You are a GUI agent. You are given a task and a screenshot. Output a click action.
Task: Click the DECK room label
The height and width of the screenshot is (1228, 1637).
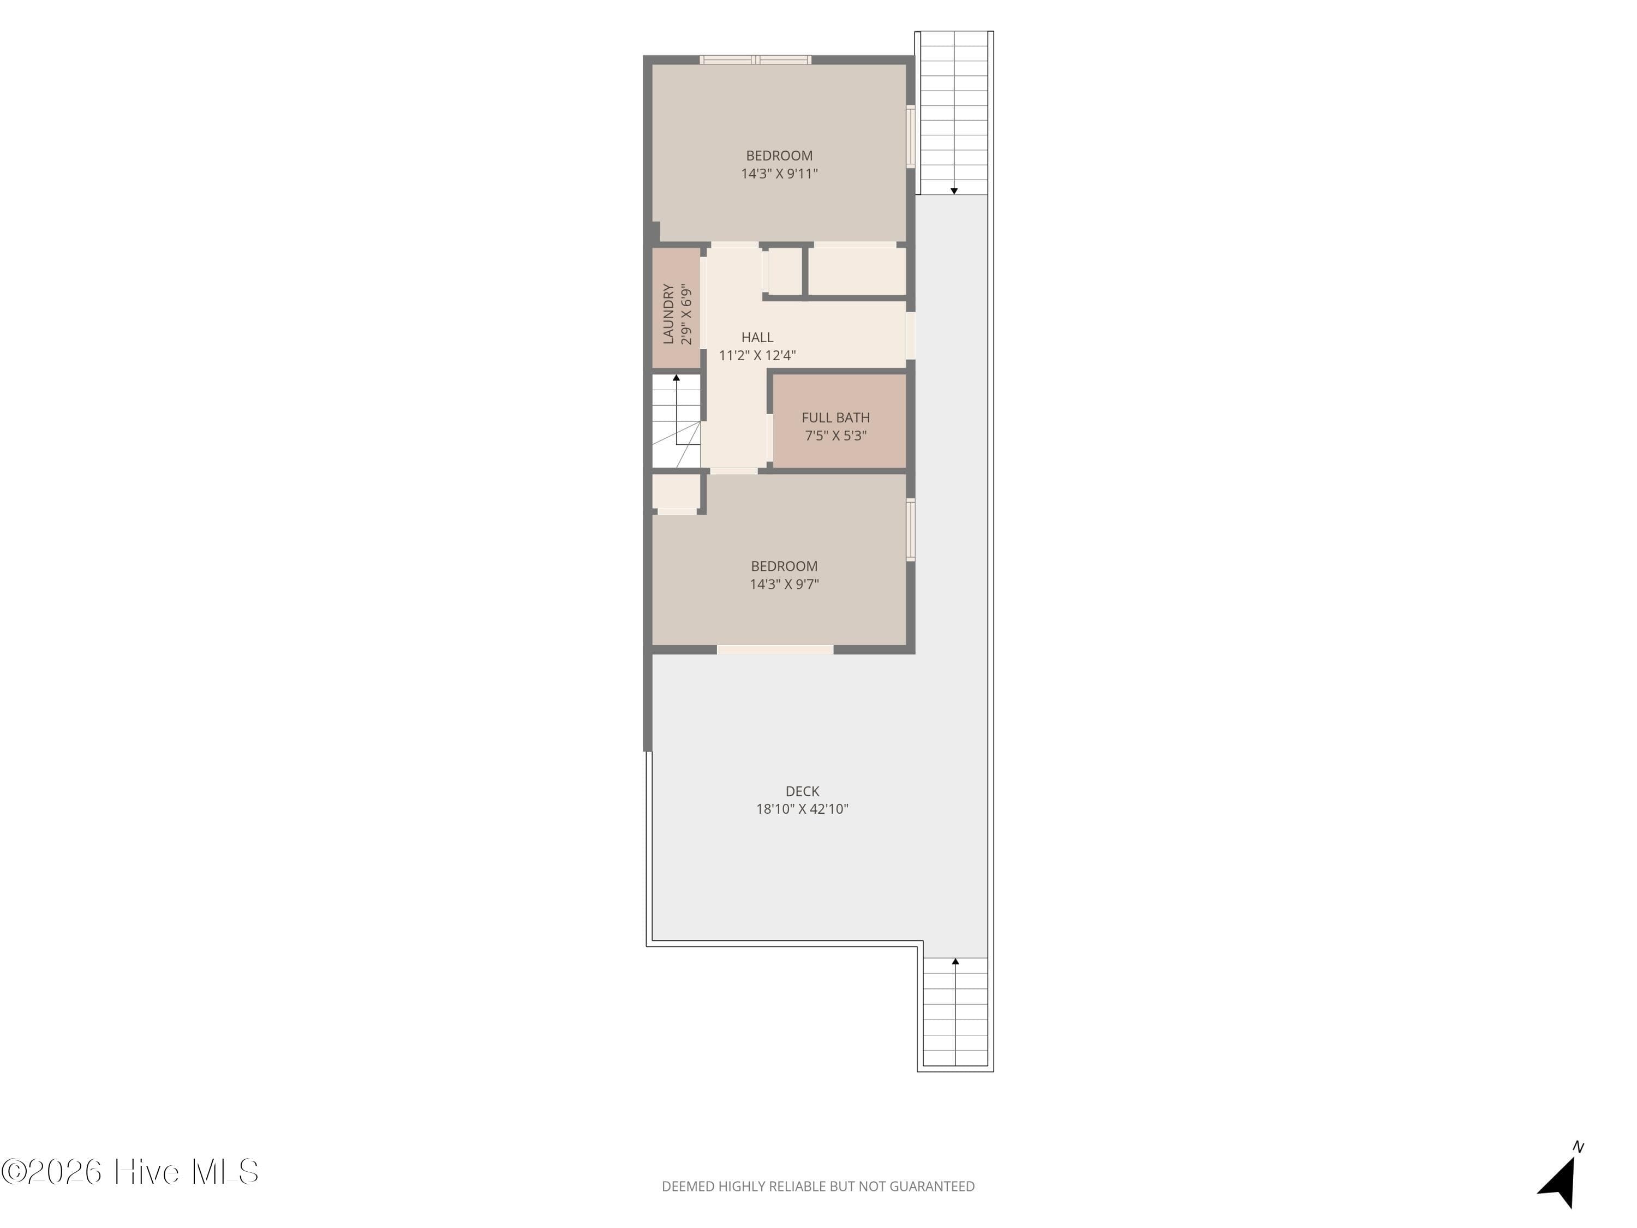click(x=802, y=791)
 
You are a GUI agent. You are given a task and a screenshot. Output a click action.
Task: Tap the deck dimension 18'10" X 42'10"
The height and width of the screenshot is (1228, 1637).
click(x=802, y=809)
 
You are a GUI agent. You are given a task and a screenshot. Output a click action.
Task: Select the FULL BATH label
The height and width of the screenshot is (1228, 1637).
click(x=835, y=418)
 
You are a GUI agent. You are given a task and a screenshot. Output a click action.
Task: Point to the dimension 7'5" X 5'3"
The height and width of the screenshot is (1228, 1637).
click(x=835, y=435)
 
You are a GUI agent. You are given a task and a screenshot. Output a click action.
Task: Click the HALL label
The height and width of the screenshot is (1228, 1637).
click(x=757, y=337)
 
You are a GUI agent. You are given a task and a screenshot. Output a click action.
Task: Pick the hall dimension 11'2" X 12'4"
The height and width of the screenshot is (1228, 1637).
click(x=757, y=355)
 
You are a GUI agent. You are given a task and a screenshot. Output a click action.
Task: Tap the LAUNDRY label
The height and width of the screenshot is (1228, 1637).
click(x=669, y=314)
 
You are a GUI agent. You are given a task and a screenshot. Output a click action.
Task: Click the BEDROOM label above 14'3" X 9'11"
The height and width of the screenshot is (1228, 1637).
click(x=779, y=156)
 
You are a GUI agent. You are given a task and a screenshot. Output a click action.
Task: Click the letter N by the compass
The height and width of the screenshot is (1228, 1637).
click(x=1579, y=1147)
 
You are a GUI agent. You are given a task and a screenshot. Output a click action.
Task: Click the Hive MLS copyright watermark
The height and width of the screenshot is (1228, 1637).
click(x=130, y=1172)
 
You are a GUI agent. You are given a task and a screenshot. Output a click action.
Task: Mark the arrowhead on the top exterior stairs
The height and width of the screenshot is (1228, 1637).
click(x=954, y=191)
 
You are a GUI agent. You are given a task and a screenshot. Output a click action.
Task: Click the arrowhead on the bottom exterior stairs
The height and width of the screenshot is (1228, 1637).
click(x=955, y=962)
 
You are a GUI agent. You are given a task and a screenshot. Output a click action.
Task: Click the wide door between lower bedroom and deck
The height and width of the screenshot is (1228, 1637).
click(x=775, y=650)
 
